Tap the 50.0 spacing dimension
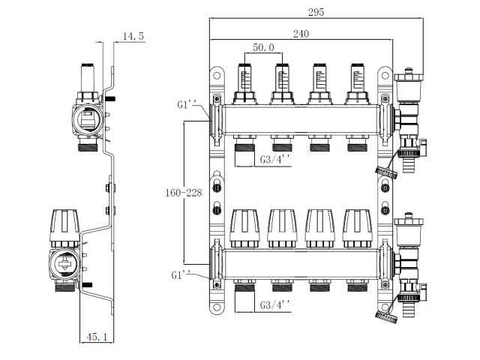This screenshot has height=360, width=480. (262, 48)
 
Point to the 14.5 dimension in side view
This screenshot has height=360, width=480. (134, 36)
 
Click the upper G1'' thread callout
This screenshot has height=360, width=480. (187, 105)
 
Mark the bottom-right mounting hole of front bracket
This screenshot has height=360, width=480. (385, 307)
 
